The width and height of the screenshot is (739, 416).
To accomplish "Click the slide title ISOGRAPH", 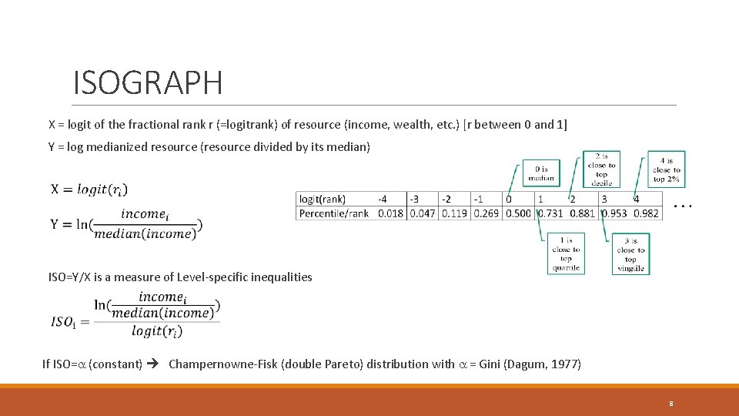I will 147,82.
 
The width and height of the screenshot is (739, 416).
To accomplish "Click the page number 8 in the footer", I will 671,403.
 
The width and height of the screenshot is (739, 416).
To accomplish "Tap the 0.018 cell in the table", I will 390,213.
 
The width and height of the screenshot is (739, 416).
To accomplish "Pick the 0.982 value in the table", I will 647,213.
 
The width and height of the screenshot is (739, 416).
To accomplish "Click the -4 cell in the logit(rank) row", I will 383,199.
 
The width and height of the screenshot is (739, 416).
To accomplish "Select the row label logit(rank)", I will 323,199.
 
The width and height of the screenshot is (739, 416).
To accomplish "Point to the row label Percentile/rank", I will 334,213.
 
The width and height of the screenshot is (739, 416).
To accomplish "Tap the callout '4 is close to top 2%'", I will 666,169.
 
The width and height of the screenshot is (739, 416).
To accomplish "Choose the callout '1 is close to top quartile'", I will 566,254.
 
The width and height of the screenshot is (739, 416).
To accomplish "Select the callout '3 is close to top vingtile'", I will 630,254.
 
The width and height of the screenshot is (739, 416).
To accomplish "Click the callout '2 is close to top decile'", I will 601,169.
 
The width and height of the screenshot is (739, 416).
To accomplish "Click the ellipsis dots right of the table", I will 683,206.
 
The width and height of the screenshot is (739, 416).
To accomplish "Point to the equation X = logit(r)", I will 89,190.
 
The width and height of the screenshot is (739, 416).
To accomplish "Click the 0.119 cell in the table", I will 454,213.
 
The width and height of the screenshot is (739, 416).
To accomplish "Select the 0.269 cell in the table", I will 487,213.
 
